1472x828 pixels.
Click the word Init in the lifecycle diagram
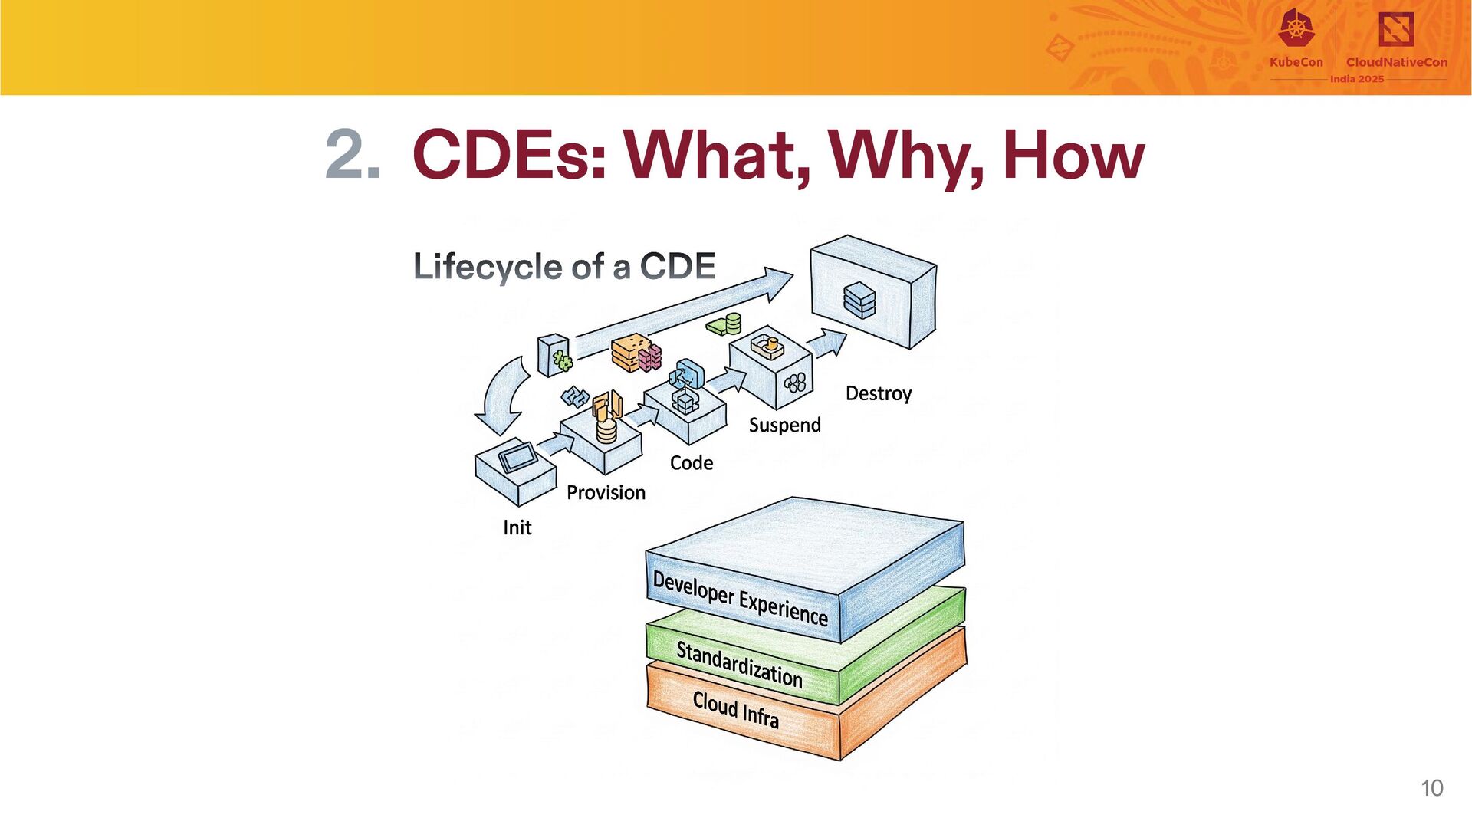[x=517, y=527]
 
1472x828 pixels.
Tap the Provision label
[x=606, y=492]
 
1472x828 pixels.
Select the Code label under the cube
[x=691, y=463]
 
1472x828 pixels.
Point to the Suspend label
[x=784, y=425]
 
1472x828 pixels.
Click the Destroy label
[x=878, y=393]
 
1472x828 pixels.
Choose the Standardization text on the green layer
[x=739, y=664]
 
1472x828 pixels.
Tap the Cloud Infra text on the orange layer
[x=735, y=709]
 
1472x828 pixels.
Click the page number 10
[x=1431, y=788]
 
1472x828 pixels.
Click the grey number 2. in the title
[x=353, y=156]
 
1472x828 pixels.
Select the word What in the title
[x=716, y=156]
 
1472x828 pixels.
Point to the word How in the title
[x=1073, y=156]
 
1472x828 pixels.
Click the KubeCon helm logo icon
[x=1296, y=29]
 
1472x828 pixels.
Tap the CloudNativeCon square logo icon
[x=1396, y=29]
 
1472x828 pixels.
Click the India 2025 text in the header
[x=1357, y=79]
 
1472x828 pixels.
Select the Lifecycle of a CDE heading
[x=564, y=267]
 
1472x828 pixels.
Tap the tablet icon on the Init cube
[x=518, y=458]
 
